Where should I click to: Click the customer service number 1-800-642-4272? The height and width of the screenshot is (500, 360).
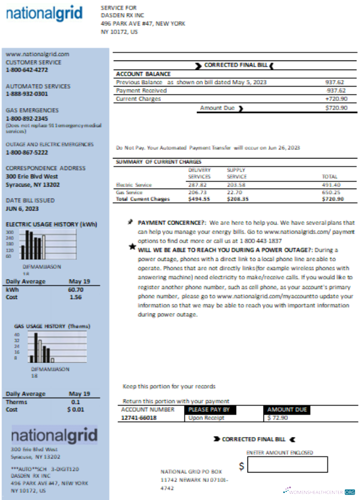point(27,70)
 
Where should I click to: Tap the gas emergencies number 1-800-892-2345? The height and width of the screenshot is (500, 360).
point(27,118)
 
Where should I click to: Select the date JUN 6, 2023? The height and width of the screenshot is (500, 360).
point(22,208)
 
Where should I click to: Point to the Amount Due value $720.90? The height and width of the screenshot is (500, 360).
point(336,107)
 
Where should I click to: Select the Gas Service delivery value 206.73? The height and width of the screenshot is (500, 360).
point(197,192)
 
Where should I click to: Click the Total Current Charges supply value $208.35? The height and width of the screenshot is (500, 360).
point(237,199)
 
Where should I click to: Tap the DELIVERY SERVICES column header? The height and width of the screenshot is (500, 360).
point(199,173)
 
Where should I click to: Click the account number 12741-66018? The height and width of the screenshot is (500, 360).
point(138,418)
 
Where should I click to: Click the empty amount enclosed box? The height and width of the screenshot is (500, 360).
point(287,464)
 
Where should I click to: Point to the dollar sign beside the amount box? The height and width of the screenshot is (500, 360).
point(241,466)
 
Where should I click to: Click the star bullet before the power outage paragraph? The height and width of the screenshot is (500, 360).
point(132,246)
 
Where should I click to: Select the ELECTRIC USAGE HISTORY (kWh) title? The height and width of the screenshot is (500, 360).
point(51,224)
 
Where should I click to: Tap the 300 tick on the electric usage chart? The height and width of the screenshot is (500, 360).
point(9,232)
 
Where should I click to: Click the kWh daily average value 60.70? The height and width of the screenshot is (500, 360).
point(75,289)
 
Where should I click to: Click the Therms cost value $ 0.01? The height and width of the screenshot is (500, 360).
point(75,409)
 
